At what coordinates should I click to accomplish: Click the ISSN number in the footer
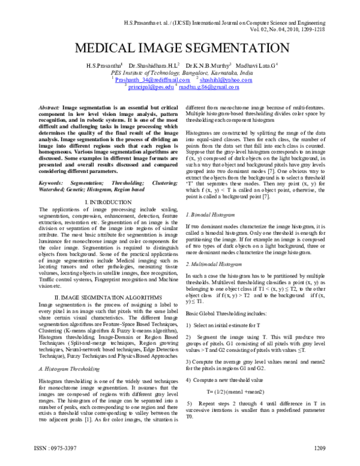pos(50,447)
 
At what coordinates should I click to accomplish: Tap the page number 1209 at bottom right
pos(319,447)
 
